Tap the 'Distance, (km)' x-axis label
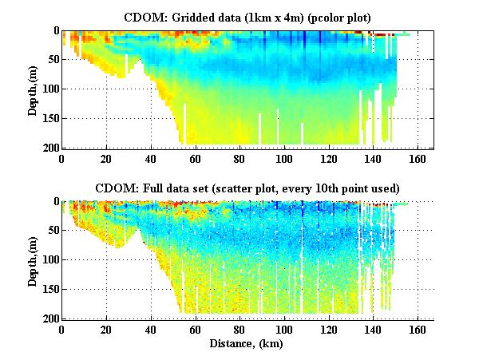(x=247, y=344)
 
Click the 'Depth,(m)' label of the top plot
(x=33, y=89)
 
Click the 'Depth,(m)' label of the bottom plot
(x=33, y=259)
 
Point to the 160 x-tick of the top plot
(x=415, y=159)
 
